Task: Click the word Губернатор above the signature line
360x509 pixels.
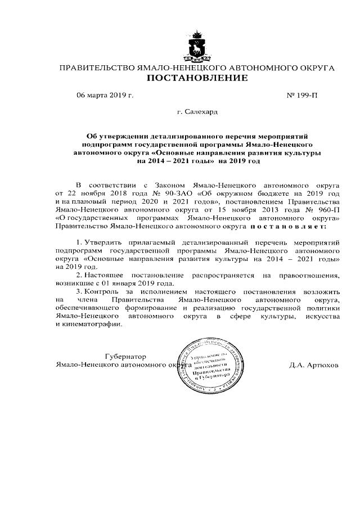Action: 125,356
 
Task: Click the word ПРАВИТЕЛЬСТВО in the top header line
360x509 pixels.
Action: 94,68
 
